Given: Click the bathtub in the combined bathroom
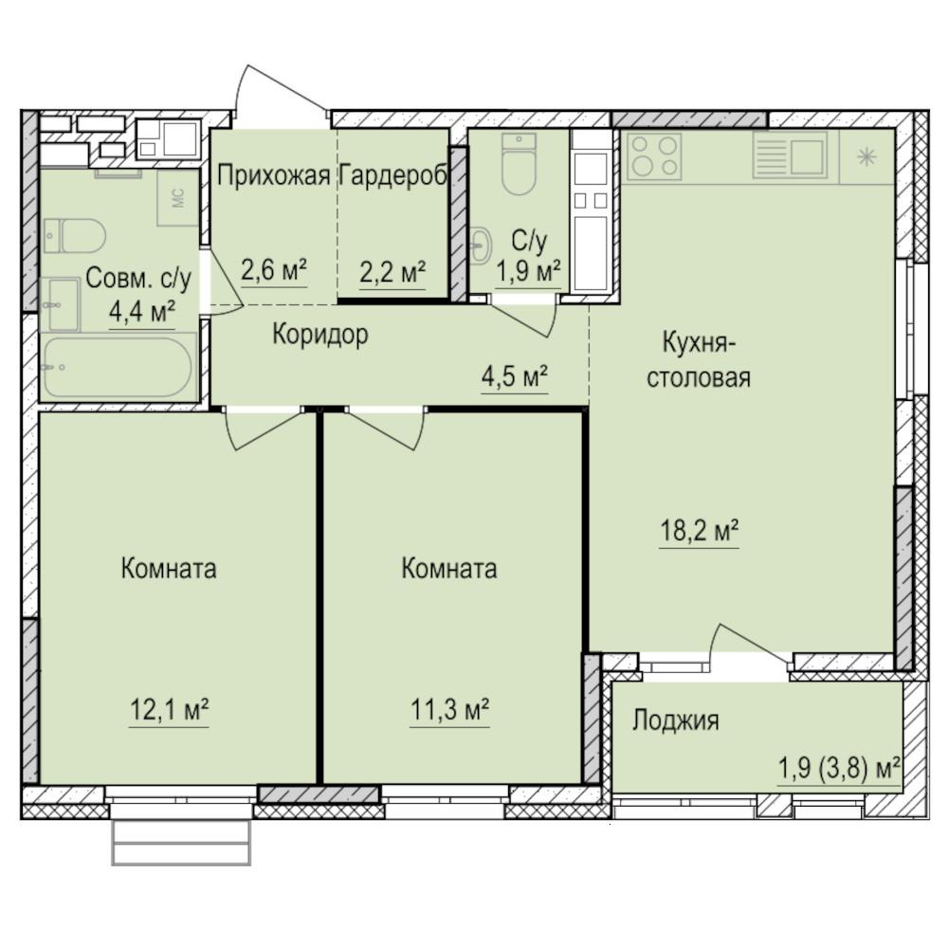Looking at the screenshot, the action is (x=118, y=368).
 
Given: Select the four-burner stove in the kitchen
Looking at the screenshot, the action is (x=655, y=156).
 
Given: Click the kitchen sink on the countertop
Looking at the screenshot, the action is (x=790, y=156).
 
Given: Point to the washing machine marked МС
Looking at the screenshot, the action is (x=178, y=198).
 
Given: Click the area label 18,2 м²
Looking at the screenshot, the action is (x=699, y=533).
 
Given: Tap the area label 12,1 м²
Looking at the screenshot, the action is (x=170, y=710).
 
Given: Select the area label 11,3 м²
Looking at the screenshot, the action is (x=449, y=710).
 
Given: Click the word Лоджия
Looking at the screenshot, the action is (x=676, y=720).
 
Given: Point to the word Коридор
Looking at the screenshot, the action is (x=320, y=335).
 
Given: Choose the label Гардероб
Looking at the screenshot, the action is (x=393, y=175).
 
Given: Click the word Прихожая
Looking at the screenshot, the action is (x=273, y=175).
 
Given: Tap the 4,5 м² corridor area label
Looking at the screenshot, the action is (x=515, y=376).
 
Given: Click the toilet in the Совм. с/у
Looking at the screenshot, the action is (x=74, y=235).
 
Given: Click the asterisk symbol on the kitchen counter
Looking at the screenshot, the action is (x=867, y=157).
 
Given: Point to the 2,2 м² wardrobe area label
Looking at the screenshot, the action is (x=392, y=271).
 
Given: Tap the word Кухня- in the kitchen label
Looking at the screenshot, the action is (x=699, y=344).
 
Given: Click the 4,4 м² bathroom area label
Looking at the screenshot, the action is (x=142, y=312).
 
